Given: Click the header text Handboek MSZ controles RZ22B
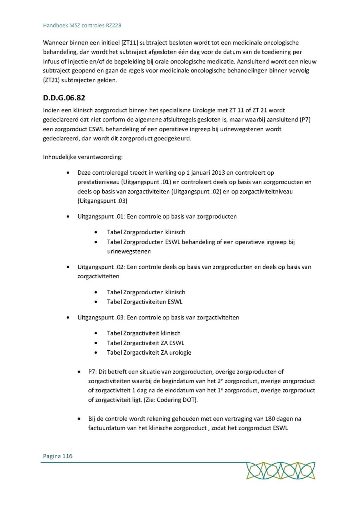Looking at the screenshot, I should (x=82, y=25).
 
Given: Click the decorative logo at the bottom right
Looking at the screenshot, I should (x=280, y=471).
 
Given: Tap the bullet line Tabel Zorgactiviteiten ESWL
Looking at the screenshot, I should (x=144, y=302).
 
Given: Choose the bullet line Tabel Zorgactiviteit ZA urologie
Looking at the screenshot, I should (x=149, y=353).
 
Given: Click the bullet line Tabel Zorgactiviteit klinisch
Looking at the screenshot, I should (x=143, y=333).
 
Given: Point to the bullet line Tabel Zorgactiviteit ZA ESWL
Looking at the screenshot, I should (x=145, y=343).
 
